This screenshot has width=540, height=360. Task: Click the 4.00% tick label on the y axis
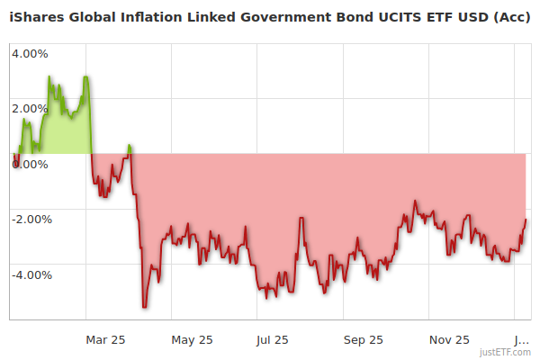tap(30, 53)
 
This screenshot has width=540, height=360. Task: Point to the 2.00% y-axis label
tap(30, 109)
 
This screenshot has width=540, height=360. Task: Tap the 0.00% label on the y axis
tap(30, 164)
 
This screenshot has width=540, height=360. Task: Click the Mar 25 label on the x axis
tap(105, 340)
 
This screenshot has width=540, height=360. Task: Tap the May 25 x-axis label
tap(192, 340)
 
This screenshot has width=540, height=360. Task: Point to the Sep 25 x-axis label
tap(363, 340)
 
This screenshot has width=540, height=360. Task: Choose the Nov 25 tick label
tap(449, 340)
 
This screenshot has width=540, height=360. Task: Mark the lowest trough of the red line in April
tap(145, 308)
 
